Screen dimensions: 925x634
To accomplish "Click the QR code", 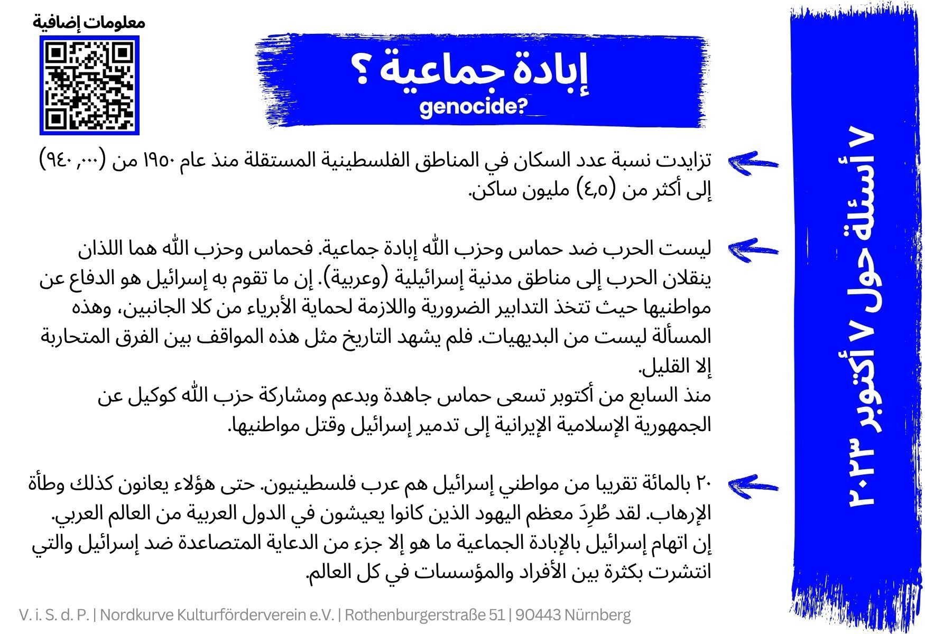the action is coord(89,85).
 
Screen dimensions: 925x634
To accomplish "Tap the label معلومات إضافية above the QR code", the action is coord(89,22).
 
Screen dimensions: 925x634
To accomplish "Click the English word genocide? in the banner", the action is coord(474,107).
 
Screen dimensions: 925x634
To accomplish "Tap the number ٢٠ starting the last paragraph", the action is coord(701,483).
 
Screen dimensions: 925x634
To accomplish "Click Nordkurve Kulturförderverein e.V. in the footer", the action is coord(218,616).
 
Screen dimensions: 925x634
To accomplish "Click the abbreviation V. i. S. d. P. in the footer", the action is coord(54,616).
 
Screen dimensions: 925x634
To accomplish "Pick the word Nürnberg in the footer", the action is coord(598,616).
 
